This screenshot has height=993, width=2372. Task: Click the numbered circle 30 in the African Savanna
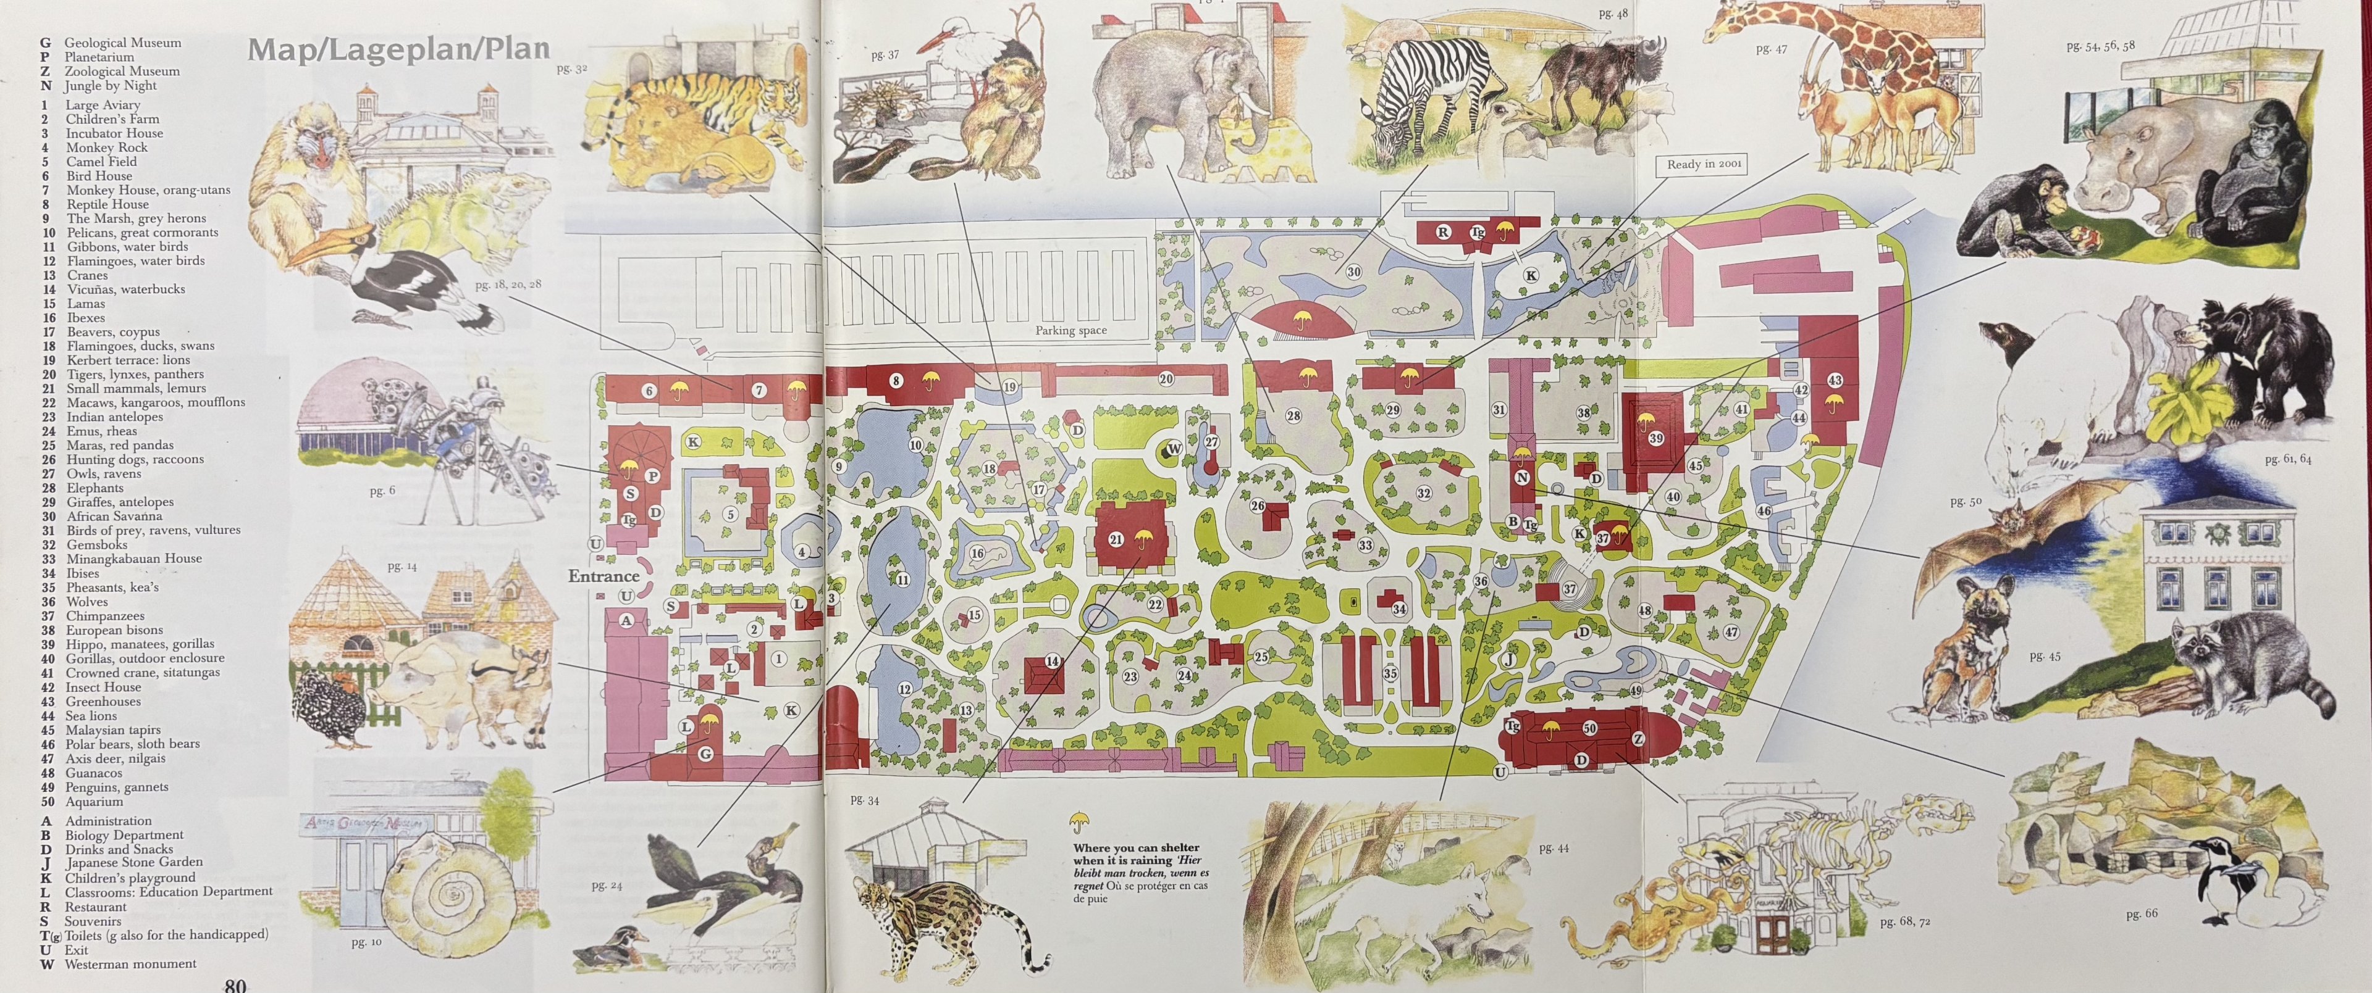point(1353,272)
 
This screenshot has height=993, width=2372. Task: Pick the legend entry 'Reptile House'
point(107,204)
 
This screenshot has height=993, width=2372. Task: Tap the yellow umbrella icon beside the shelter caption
point(1079,821)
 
